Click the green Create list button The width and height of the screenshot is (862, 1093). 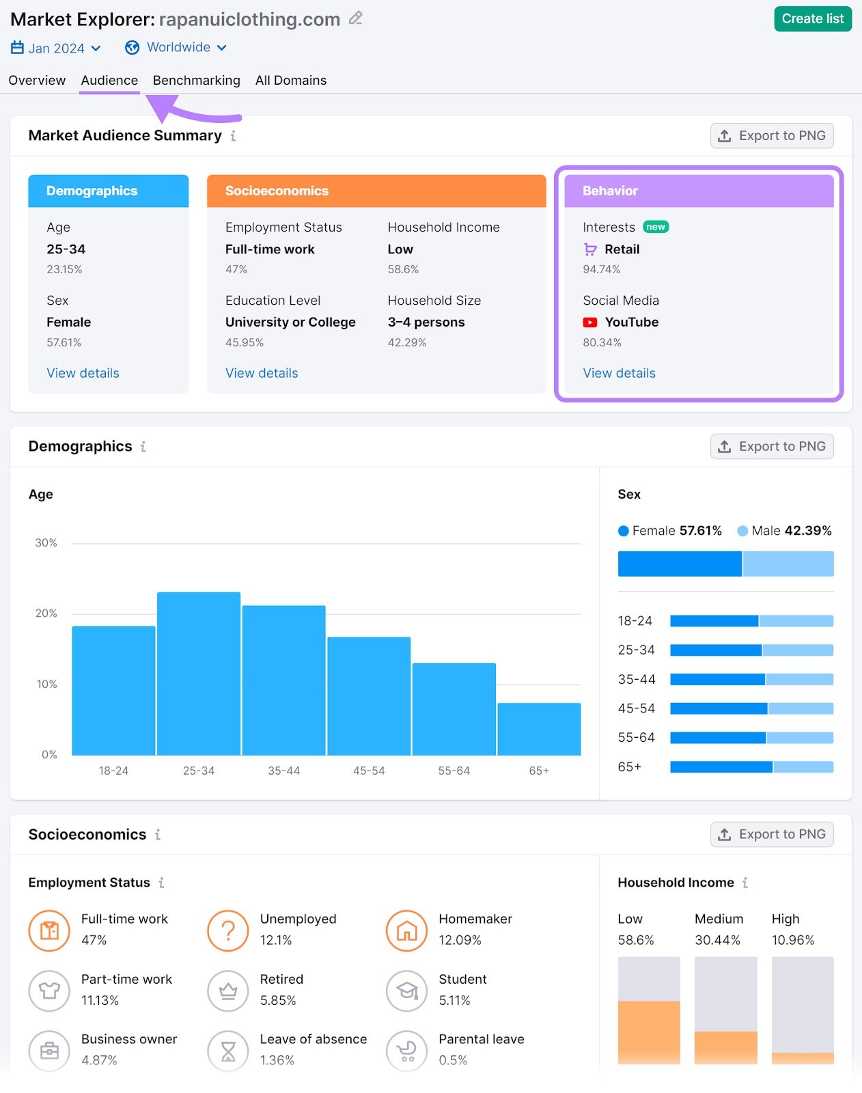812,19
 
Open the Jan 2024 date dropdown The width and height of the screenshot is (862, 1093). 56,48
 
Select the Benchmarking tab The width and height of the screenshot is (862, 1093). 196,80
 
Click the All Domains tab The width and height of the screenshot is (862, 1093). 290,80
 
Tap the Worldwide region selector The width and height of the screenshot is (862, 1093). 176,47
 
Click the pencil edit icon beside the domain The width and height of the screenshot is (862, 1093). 355,18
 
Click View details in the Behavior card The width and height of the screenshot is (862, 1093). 618,373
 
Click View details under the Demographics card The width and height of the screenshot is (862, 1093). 83,373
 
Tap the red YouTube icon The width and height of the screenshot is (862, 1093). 589,322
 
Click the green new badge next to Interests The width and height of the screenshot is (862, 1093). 655,227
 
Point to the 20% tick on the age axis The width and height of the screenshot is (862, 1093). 46,613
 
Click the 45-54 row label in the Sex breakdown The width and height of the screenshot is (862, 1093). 635,708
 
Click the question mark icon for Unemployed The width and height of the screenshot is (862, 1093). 227,930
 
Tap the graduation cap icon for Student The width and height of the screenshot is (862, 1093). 406,991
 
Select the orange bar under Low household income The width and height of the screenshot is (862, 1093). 648,1032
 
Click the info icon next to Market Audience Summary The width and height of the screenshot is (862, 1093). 233,136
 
